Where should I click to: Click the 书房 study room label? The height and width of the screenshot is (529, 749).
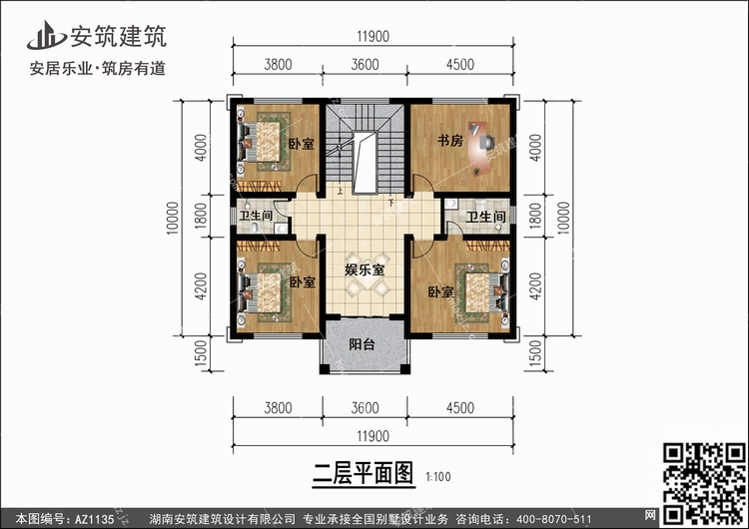pos(449,141)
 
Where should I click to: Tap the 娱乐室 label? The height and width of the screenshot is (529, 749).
pos(366,268)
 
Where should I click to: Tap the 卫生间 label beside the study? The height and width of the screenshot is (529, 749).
pos(484,216)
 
